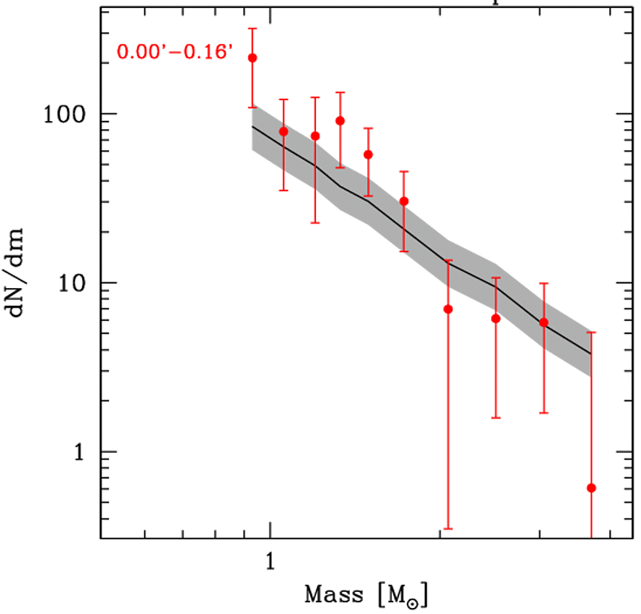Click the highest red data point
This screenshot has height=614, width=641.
point(252,58)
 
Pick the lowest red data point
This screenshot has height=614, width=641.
point(591,488)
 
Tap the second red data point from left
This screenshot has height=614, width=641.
point(284,132)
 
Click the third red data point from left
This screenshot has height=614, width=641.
point(315,136)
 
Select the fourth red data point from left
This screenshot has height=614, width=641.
point(340,120)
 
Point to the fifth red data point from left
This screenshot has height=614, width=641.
point(368,154)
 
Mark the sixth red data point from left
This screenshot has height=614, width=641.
point(404,201)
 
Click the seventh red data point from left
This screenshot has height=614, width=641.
point(448,309)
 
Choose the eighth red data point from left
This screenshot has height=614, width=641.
point(495,319)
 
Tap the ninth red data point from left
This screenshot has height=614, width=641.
point(543,323)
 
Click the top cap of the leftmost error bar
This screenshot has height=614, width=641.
point(252,29)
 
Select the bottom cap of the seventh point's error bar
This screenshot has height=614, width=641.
point(448,528)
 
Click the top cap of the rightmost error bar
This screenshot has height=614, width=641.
point(591,333)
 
